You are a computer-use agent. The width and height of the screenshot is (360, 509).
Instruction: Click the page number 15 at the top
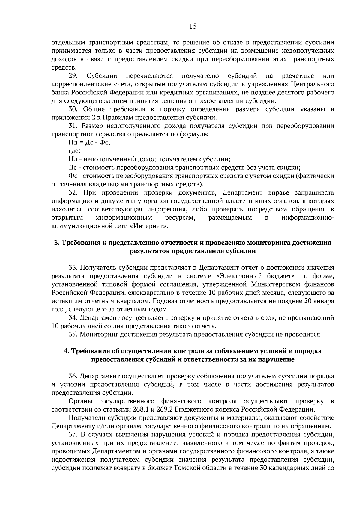click(x=193, y=26)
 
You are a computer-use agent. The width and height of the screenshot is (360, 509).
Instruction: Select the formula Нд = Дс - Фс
click(x=89, y=143)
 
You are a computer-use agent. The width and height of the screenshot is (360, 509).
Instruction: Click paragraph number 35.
click(x=73, y=334)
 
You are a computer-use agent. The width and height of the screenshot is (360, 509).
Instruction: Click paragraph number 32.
click(x=73, y=192)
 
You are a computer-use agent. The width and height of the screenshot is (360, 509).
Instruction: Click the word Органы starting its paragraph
click(x=80, y=401)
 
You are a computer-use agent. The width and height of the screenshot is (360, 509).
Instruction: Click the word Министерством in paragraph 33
click(x=276, y=284)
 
